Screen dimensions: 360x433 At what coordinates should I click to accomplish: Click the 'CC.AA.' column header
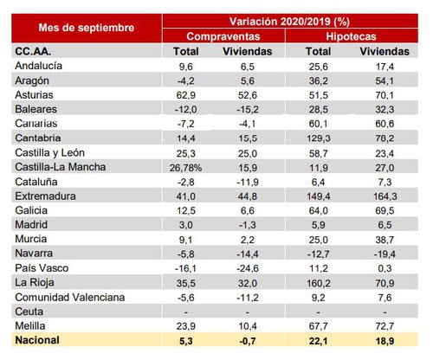(33, 51)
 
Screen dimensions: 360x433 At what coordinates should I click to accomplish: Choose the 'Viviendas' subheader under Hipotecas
(382, 51)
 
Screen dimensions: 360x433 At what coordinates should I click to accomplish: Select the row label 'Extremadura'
(45, 197)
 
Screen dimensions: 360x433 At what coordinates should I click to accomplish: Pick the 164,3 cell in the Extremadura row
(382, 197)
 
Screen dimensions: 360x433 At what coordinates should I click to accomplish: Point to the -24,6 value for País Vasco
(249, 270)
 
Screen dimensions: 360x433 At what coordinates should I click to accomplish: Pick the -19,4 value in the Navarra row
(382, 255)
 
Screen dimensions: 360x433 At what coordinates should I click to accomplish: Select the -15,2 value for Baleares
(249, 109)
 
